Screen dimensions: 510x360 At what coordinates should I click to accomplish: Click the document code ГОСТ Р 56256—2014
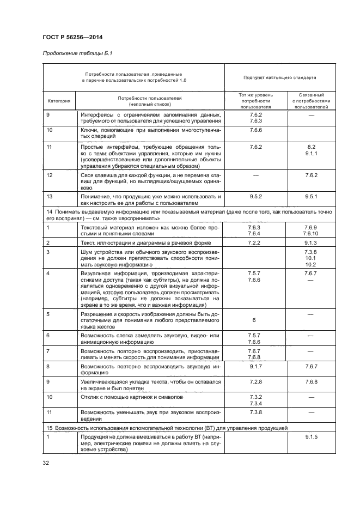click(73, 37)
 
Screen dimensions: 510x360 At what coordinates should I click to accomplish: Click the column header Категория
click(59, 100)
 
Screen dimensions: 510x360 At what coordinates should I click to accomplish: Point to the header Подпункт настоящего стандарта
click(280, 77)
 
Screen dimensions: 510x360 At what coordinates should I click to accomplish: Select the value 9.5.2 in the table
click(255, 195)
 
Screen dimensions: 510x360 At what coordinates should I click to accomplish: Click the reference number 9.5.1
click(311, 195)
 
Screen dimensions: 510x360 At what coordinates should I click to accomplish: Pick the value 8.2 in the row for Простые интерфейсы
click(311, 147)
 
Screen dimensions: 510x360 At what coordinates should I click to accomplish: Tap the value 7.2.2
click(255, 241)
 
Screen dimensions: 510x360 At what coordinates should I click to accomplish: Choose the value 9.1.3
click(311, 241)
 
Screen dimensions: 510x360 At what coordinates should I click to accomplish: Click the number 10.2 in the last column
click(311, 264)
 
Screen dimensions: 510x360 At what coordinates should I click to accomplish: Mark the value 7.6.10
click(311, 233)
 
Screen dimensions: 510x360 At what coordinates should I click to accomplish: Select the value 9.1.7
click(255, 367)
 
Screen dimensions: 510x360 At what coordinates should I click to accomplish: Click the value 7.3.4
click(255, 404)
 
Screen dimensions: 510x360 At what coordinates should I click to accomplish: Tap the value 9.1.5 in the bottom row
click(311, 437)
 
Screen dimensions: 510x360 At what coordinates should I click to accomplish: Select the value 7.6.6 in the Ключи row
click(255, 131)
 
